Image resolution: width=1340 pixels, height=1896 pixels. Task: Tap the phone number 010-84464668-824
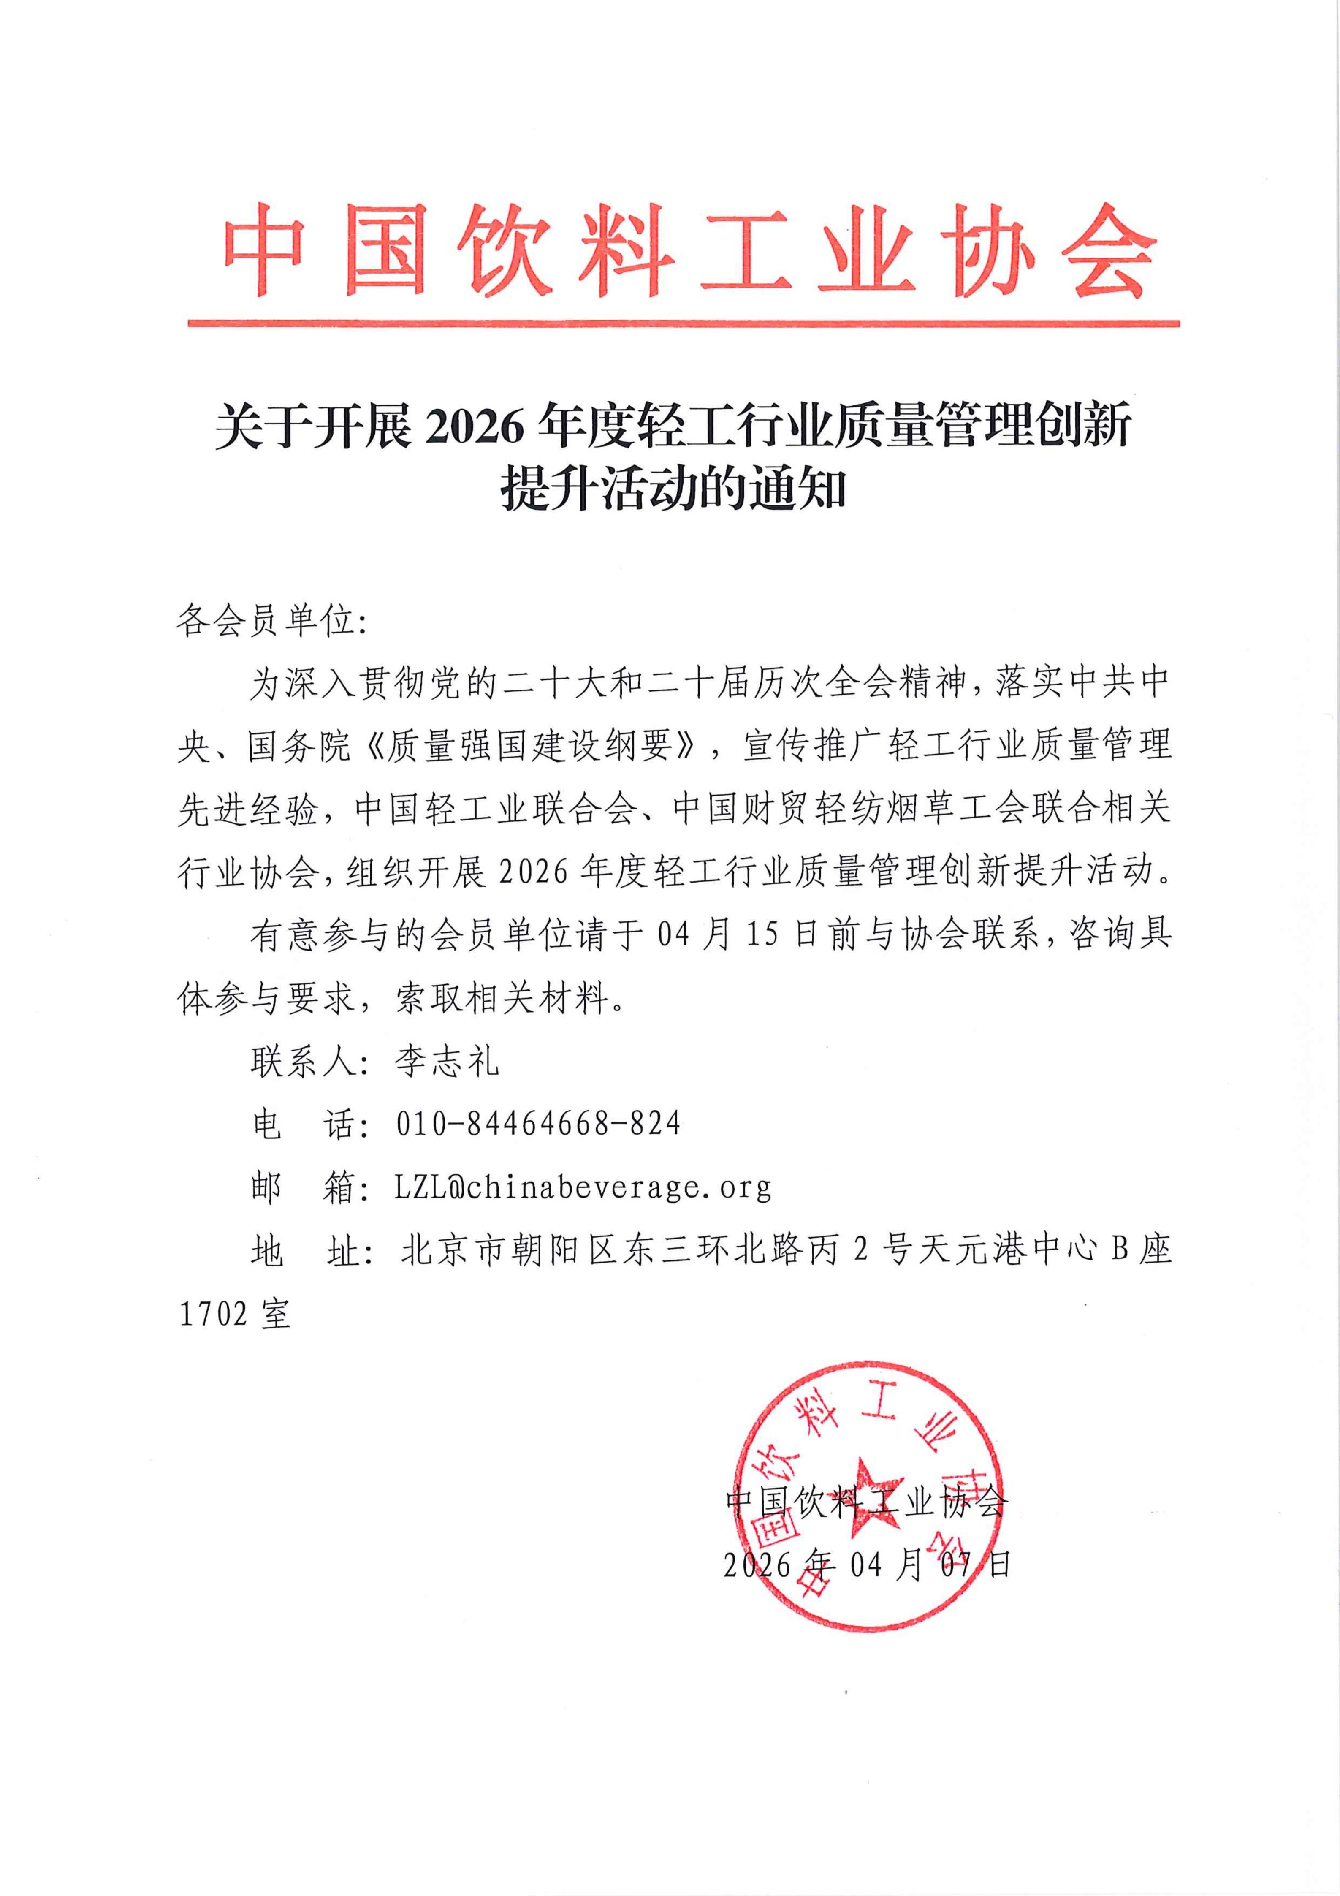point(538,1124)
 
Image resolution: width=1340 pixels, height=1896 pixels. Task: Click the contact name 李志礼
point(447,1061)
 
